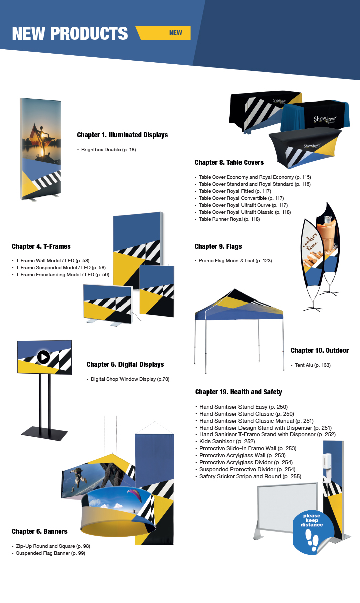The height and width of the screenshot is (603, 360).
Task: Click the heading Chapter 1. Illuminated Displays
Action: click(122, 135)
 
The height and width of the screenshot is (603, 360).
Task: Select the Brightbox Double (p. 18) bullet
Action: click(108, 150)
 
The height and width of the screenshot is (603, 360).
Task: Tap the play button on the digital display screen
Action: click(43, 357)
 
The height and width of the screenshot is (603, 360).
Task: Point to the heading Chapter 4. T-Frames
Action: click(41, 246)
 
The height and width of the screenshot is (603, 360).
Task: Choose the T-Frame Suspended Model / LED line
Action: click(61, 268)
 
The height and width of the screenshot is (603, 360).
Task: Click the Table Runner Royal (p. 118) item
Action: click(229, 219)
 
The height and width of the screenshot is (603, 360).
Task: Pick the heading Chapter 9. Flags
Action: click(218, 246)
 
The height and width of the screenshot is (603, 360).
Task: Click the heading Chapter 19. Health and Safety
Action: click(238, 392)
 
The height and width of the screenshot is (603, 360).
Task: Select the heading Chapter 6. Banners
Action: click(40, 531)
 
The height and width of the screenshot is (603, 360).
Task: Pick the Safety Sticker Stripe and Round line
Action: click(250, 476)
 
